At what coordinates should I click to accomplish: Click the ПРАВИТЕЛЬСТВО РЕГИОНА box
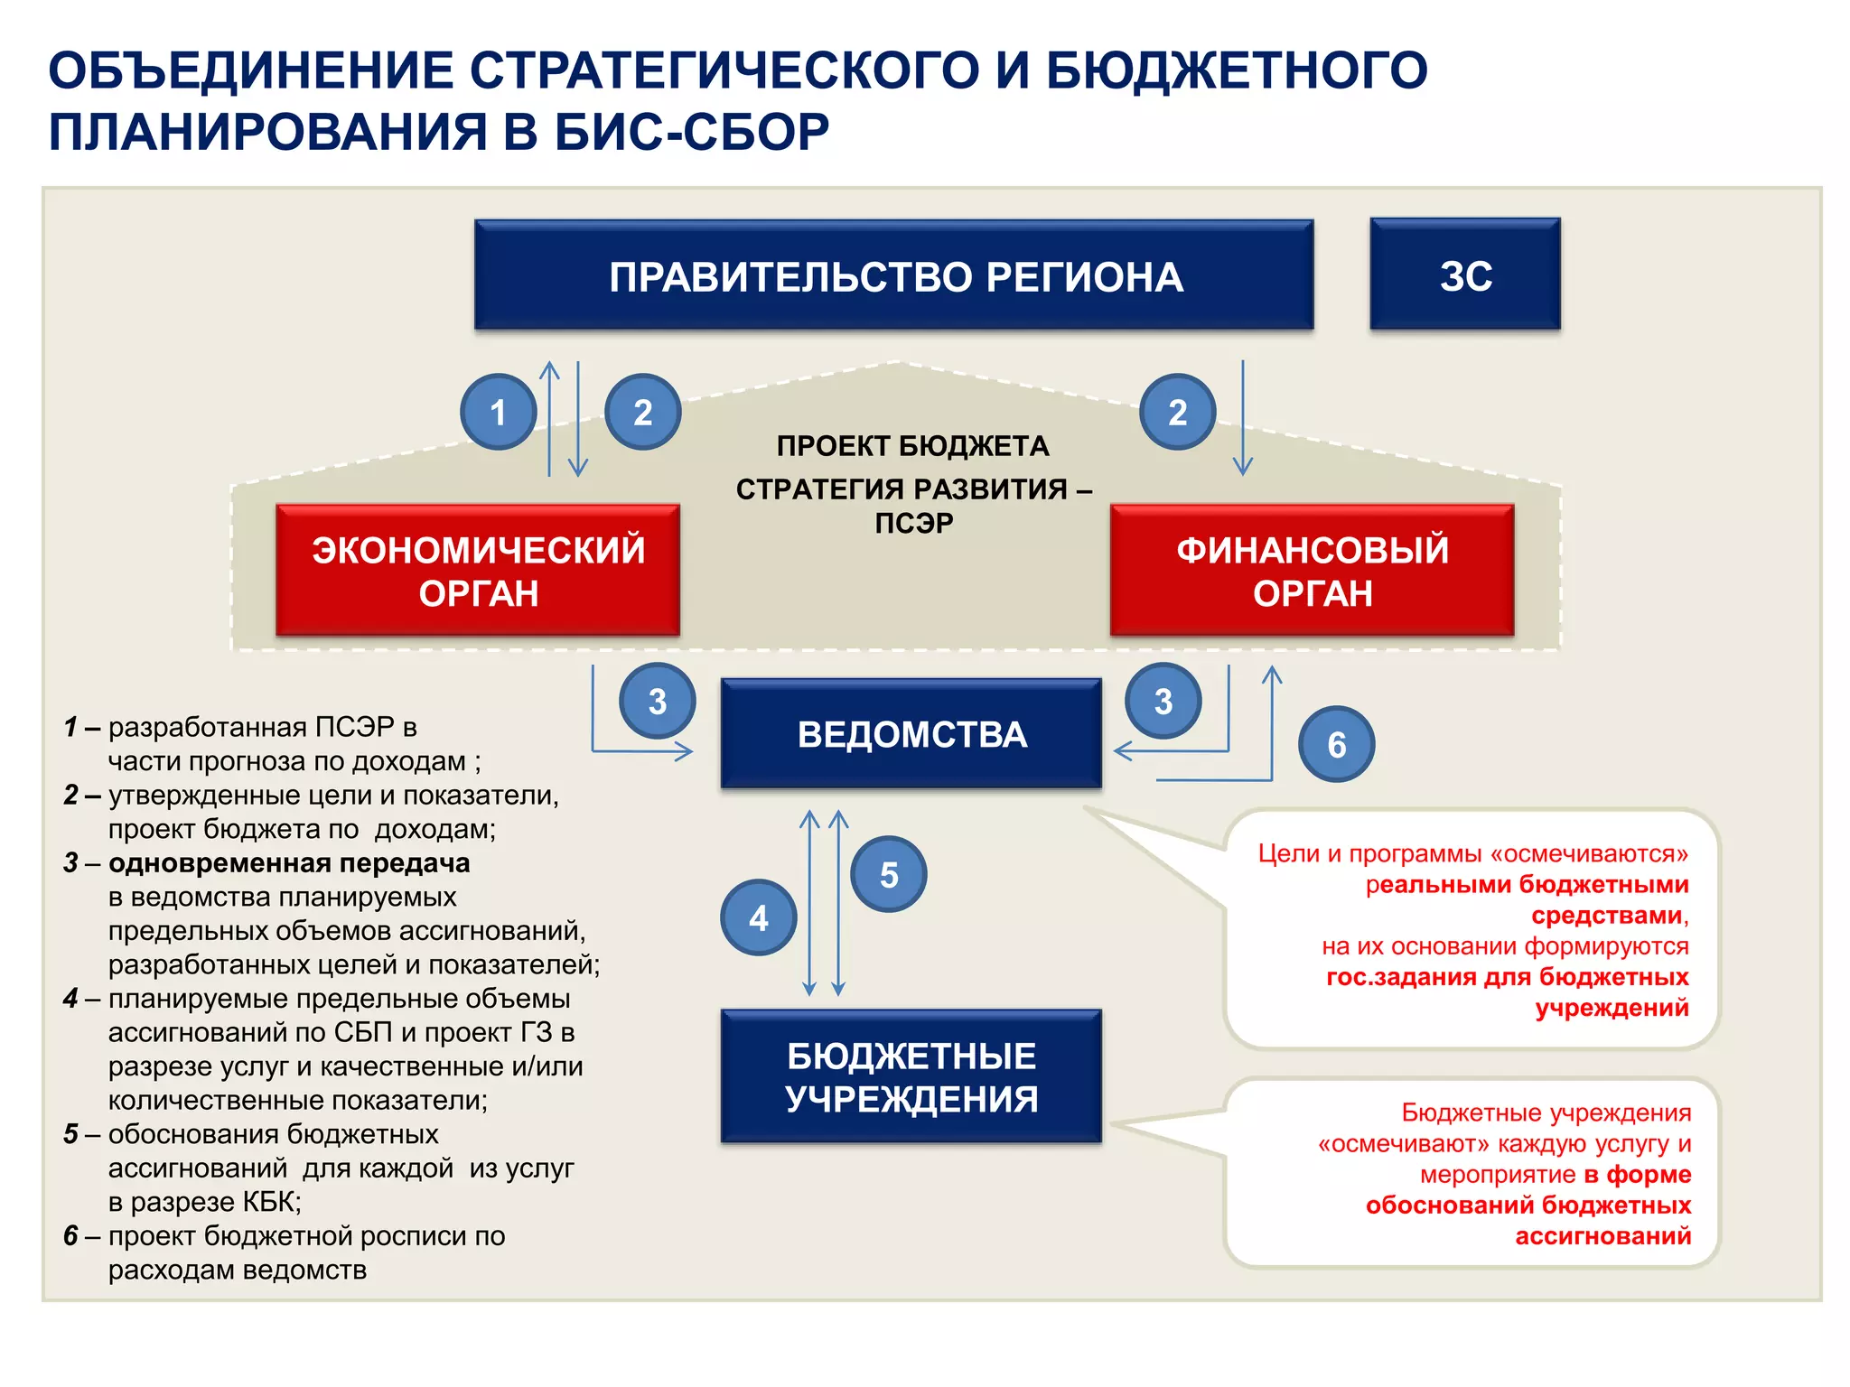[893, 275]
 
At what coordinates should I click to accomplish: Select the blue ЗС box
[1464, 275]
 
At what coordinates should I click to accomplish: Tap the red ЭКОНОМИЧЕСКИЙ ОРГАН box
[478, 571]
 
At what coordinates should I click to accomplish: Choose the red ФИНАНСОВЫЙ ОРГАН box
[1312, 571]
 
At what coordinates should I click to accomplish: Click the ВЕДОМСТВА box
[911, 734]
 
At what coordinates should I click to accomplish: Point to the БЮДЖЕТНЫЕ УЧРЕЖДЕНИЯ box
[911, 1076]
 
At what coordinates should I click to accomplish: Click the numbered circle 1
[498, 413]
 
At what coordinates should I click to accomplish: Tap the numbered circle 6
[1336, 744]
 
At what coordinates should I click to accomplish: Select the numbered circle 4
[758, 918]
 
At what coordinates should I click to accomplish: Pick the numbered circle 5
[888, 874]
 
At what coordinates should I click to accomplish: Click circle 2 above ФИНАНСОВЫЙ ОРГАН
[1177, 413]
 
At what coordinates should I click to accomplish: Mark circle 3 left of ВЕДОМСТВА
[657, 702]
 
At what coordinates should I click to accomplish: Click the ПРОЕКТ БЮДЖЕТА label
[912, 446]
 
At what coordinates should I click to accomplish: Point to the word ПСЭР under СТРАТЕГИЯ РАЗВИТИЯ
[913, 524]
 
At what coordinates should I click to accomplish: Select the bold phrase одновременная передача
[289, 863]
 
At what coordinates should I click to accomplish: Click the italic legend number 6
[70, 1236]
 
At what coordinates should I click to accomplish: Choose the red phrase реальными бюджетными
[1527, 885]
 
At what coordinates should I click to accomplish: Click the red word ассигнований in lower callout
[1602, 1236]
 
